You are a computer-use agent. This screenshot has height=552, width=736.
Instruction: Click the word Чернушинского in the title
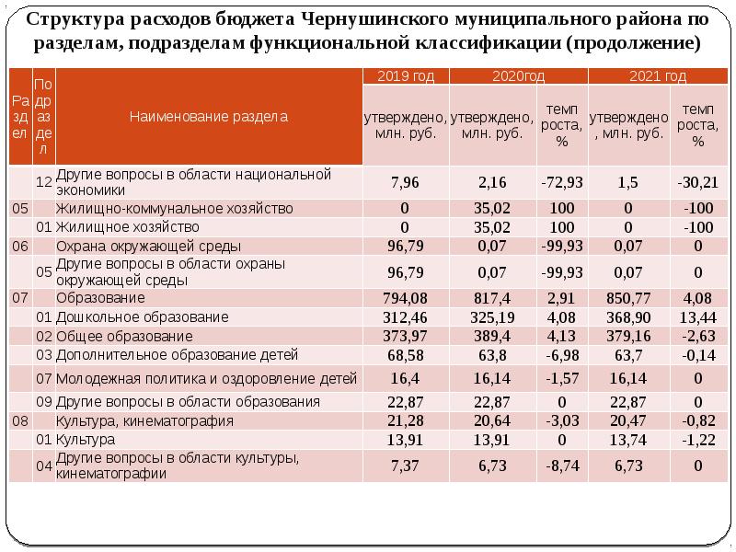coord(385,19)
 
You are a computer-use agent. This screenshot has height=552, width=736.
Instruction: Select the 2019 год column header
coord(406,76)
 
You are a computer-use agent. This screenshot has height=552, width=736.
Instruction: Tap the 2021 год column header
coord(658,76)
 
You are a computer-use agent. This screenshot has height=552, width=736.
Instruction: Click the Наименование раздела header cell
coord(208,117)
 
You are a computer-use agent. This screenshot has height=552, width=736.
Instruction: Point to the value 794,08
coord(405,299)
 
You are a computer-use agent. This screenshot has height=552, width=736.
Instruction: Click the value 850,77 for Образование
coord(628,299)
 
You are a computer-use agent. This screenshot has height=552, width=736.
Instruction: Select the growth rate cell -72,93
coord(561,182)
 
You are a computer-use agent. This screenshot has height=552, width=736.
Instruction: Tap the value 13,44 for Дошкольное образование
coord(697,317)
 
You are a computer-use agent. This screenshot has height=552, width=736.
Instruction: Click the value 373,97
coord(405,336)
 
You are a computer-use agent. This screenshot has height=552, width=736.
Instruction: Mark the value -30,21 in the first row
coord(697,182)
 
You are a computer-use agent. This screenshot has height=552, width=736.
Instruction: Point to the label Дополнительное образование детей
coord(177,354)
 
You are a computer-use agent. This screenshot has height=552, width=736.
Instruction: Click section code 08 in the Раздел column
coord(20,421)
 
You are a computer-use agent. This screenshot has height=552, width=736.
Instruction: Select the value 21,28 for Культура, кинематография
coord(405,421)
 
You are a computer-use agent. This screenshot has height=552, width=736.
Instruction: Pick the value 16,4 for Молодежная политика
coord(405,378)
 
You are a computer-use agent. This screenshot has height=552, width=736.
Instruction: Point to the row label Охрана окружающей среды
coord(148,247)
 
